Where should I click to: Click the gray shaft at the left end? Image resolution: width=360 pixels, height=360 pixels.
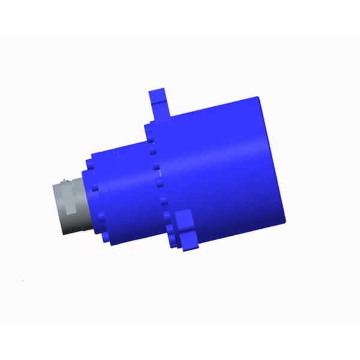pos(69,204)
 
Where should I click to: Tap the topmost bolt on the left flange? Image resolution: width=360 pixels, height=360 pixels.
pos(89,163)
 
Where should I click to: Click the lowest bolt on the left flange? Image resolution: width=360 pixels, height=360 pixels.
pos(107,239)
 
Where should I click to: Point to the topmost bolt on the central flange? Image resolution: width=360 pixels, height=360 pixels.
pos(148,128)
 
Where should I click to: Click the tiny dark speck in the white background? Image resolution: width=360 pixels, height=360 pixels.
pos(23,280)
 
